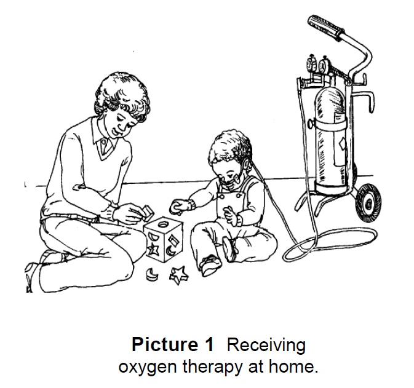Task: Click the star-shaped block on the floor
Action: pyautogui.click(x=179, y=275)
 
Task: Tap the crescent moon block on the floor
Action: pyautogui.click(x=152, y=274)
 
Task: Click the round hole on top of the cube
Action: pyautogui.click(x=162, y=225)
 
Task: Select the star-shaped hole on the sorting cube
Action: pyautogui.click(x=153, y=249)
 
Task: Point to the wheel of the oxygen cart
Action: pyautogui.click(x=368, y=203)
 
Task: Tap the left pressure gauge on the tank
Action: pyautogui.click(x=311, y=63)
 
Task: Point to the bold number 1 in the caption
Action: pyautogui.click(x=208, y=344)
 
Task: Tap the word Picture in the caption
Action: pyautogui.click(x=165, y=344)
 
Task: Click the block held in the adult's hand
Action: pyautogui.click(x=148, y=212)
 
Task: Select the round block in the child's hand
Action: pyautogui.click(x=177, y=207)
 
